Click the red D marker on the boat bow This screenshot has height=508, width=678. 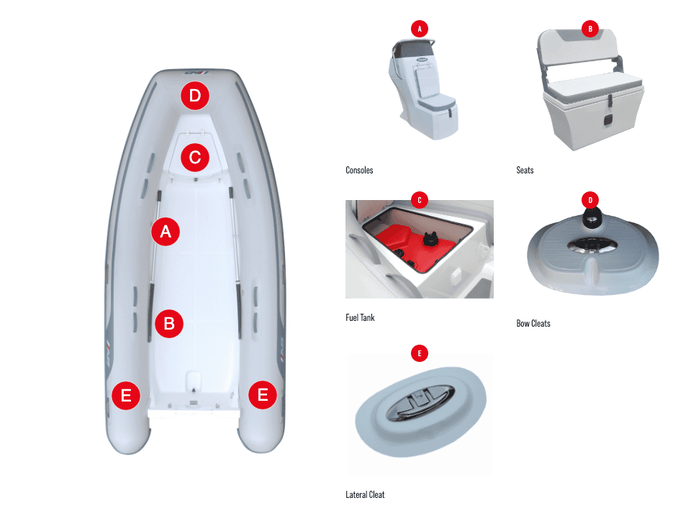(x=195, y=96)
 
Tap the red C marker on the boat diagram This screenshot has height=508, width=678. (x=195, y=158)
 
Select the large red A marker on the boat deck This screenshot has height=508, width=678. (x=166, y=232)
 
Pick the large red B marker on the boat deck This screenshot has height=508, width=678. (x=169, y=323)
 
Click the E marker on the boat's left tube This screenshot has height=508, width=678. (x=126, y=395)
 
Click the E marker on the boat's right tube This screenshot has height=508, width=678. (x=263, y=395)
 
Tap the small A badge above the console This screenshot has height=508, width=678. (x=420, y=29)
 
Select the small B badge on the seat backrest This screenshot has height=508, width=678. (x=590, y=29)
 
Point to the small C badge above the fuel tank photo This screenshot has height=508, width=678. (x=420, y=200)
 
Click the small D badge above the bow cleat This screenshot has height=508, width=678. (x=590, y=200)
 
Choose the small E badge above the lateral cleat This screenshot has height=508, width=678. (x=420, y=353)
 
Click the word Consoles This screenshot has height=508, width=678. (x=359, y=170)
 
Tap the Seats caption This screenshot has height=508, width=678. (x=525, y=170)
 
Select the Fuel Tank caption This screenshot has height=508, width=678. (x=360, y=318)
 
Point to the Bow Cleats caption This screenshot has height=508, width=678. (x=533, y=323)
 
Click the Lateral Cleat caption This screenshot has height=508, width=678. (x=365, y=494)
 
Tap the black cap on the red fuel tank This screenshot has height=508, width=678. (x=429, y=239)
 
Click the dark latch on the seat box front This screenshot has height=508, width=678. (x=607, y=119)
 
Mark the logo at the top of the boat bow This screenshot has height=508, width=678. (x=196, y=73)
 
